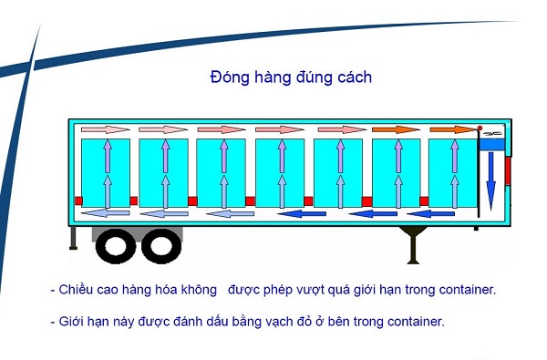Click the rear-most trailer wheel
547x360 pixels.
116,245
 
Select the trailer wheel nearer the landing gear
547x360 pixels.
161,245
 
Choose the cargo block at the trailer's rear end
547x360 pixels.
105,172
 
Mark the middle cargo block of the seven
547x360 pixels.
279,172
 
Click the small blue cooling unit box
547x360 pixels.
492,134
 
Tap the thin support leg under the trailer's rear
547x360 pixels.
73,238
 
